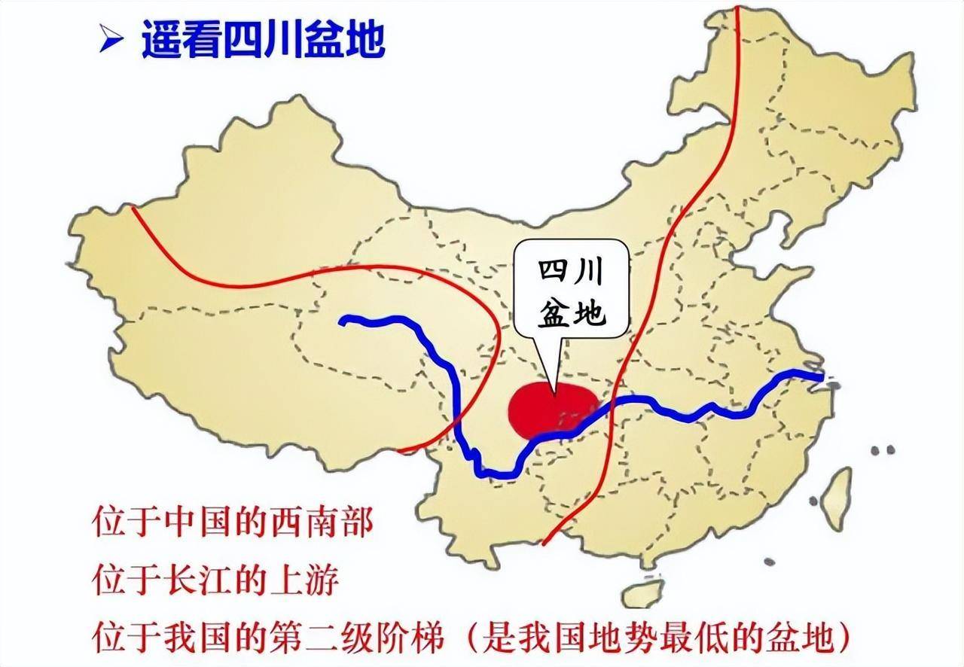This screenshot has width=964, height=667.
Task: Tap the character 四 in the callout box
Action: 553,273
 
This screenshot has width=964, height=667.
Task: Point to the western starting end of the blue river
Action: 343,321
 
